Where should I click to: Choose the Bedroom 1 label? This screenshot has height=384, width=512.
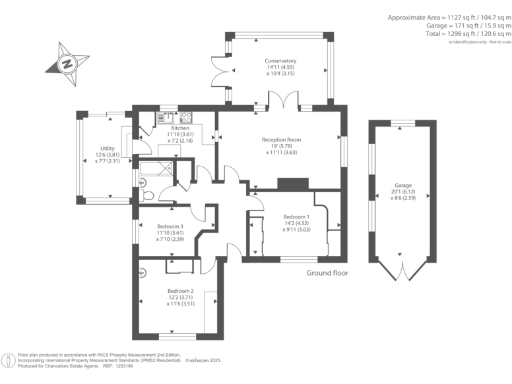click(x=295, y=217)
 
